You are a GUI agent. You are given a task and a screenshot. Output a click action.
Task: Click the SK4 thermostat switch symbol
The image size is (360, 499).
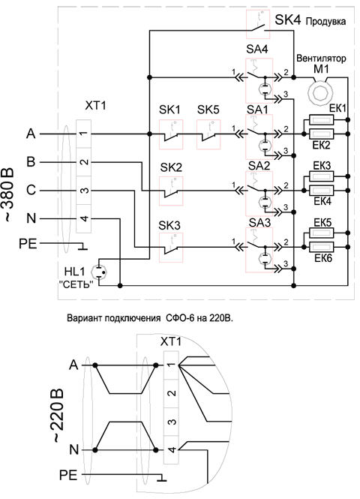[x=258, y=25]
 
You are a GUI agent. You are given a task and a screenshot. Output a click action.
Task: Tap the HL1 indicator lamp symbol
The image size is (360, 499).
[x=98, y=272]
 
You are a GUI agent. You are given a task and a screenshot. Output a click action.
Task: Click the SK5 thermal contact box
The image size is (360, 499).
[x=208, y=134]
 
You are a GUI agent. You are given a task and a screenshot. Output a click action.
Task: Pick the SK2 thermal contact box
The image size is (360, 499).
[x=171, y=191]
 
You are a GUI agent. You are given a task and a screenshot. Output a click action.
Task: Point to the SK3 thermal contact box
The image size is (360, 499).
[x=171, y=248]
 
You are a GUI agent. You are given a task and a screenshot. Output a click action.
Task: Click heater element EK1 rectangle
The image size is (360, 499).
[x=322, y=120]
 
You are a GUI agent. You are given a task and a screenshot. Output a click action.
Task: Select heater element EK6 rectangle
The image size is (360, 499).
[x=322, y=247]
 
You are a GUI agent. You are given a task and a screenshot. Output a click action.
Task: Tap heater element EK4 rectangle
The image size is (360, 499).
[x=322, y=191]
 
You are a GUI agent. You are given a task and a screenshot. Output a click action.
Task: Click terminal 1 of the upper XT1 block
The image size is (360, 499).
[x=84, y=134]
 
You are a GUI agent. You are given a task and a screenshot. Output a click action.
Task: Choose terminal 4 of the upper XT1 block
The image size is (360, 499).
[x=84, y=218]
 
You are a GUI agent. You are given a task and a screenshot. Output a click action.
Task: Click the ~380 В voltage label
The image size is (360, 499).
[x=8, y=194]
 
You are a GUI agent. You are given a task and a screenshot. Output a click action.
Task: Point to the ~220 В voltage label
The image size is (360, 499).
[x=58, y=416]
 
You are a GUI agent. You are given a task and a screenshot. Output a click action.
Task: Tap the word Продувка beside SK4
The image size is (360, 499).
[x=325, y=22]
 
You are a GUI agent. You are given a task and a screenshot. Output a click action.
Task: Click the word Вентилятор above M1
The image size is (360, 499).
[x=321, y=59]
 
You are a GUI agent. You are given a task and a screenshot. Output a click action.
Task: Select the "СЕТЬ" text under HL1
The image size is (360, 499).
[x=76, y=284]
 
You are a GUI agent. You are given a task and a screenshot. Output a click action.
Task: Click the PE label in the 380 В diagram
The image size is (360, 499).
[x=28, y=244]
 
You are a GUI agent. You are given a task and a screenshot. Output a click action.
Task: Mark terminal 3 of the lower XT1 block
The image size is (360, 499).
[x=171, y=422]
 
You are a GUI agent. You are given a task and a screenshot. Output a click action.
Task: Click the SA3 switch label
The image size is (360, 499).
[x=259, y=222]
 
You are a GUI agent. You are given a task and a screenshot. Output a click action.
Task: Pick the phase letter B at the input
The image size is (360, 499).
[x=31, y=162]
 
